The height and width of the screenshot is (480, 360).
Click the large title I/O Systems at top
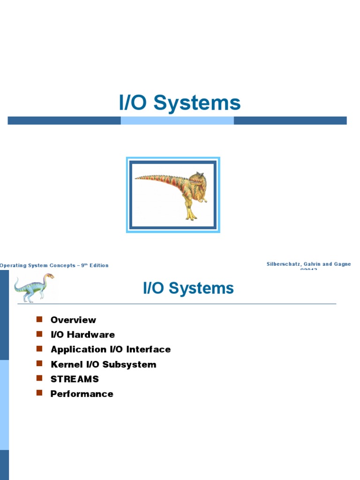[x=180, y=103]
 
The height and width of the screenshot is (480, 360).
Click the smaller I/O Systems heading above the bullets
[x=188, y=288]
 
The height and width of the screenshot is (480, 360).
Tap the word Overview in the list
[x=73, y=320]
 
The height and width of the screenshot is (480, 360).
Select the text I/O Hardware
[x=82, y=335]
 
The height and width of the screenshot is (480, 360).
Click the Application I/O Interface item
[x=111, y=349]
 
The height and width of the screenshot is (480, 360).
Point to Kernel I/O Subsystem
[x=103, y=364]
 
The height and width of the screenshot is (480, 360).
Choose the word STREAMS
[x=75, y=379]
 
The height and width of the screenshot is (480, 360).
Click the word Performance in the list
[x=82, y=394]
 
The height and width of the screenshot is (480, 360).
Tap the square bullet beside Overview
[x=39, y=320]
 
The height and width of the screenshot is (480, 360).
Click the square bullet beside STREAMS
[x=39, y=378]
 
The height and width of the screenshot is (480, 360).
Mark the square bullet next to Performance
[x=39, y=393]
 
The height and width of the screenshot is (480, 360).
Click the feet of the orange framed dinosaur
[x=191, y=216]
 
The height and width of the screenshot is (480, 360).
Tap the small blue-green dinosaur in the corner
[x=33, y=287]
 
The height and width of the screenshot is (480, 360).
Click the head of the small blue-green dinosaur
[x=49, y=276]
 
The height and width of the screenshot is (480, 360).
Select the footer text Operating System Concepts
[x=37, y=265]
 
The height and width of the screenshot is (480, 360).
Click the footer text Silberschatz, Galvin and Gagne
[x=308, y=264]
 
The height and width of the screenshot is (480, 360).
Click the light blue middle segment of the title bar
[x=177, y=120]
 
